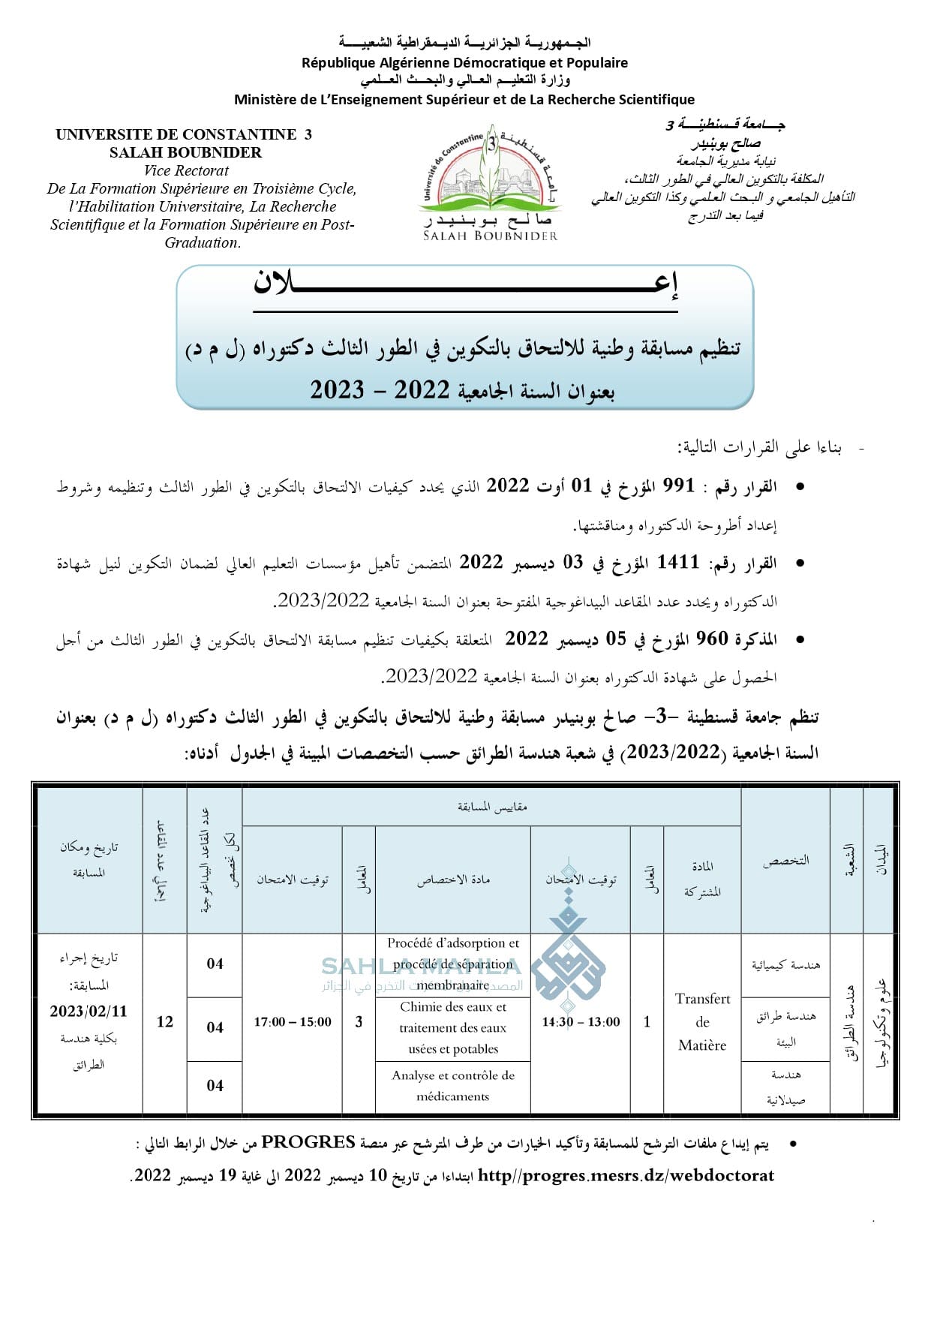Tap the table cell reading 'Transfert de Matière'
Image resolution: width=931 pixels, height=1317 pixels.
702,1021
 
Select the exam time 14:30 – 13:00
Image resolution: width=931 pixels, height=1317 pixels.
581,1021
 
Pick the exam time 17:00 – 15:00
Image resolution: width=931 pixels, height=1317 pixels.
293,1021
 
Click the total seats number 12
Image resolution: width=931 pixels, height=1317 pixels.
165,1021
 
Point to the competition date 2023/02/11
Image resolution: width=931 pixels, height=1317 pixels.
89,1011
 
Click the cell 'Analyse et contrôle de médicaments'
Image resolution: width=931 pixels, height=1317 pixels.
453,1085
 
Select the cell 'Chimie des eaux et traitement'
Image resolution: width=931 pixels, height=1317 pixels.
453,1027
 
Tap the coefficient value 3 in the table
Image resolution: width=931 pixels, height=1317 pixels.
359,1021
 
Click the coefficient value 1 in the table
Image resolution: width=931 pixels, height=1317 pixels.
647,1021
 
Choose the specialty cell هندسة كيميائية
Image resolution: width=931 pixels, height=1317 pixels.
785,965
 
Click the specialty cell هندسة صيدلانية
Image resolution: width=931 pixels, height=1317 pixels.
785,1087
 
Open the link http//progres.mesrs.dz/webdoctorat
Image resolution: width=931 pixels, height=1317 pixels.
626,1175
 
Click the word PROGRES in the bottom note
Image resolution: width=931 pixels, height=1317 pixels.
308,1142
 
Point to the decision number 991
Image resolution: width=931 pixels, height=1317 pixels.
679,486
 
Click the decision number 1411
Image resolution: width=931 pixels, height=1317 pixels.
677,562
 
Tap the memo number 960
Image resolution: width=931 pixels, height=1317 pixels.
712,639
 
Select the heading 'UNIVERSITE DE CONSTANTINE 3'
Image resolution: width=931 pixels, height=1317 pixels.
184,134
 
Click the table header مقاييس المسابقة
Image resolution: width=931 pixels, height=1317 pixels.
492,807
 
